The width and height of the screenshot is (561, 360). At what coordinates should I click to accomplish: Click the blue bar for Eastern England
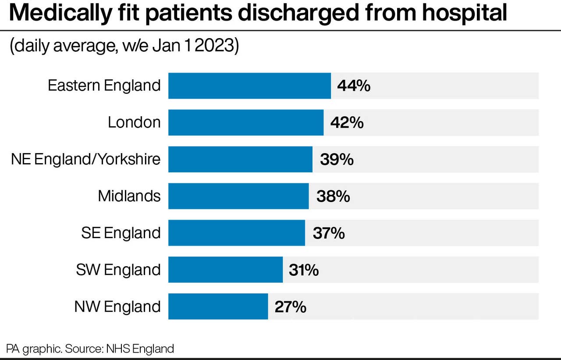(x=249, y=86)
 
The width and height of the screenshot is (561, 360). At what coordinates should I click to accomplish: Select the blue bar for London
(x=246, y=123)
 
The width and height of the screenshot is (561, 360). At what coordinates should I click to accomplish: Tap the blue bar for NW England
(x=218, y=307)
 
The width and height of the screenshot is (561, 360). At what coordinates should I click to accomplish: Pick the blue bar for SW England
(x=225, y=270)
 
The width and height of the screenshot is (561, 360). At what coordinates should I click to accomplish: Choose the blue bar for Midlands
(x=238, y=196)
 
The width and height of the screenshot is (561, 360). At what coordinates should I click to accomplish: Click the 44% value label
(x=354, y=86)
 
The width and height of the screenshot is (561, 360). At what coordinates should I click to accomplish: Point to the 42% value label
(x=347, y=123)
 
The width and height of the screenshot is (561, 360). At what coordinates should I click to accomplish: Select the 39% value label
(x=337, y=160)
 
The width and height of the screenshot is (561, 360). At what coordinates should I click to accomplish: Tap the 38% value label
(x=333, y=196)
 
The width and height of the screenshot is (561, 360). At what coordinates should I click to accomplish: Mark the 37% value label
(x=329, y=233)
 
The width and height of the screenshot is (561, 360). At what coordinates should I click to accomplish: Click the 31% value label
(x=304, y=270)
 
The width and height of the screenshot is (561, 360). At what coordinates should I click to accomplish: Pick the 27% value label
(x=290, y=307)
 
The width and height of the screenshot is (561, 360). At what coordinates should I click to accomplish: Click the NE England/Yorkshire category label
(x=86, y=159)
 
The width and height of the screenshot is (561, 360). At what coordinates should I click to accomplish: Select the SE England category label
(x=121, y=233)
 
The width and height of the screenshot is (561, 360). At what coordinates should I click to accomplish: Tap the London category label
(x=134, y=122)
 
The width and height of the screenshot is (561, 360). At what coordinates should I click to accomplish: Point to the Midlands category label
(x=129, y=196)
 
